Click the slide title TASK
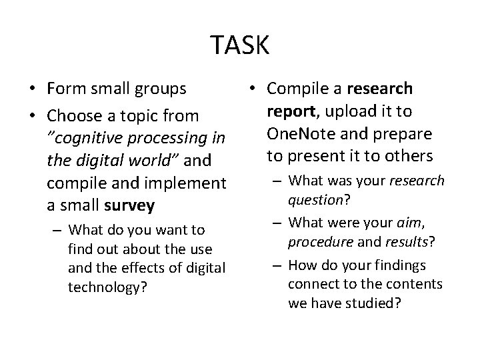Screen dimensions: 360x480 point(240,45)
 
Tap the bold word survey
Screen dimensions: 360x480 point(131,205)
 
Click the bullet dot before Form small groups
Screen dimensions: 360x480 point(32,89)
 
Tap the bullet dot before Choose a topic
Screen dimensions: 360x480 point(32,117)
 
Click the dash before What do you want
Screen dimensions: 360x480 point(58,231)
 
